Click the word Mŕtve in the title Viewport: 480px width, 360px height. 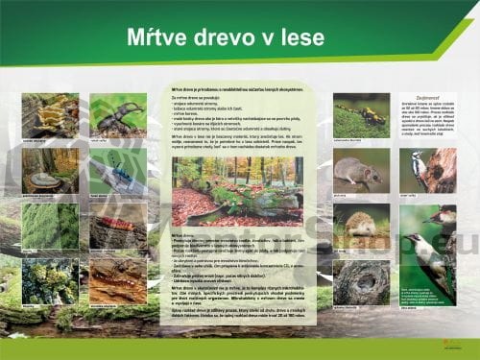(161, 37)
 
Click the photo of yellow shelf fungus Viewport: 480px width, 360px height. (50, 115)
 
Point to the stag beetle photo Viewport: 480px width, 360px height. (118, 115)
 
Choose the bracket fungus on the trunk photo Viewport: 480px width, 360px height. (50, 170)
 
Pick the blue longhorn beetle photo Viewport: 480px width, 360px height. (118, 170)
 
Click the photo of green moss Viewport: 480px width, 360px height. (50, 226)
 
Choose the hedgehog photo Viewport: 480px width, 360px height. (361, 227)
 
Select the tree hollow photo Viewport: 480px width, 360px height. (361, 281)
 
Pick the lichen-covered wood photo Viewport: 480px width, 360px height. (50, 281)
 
